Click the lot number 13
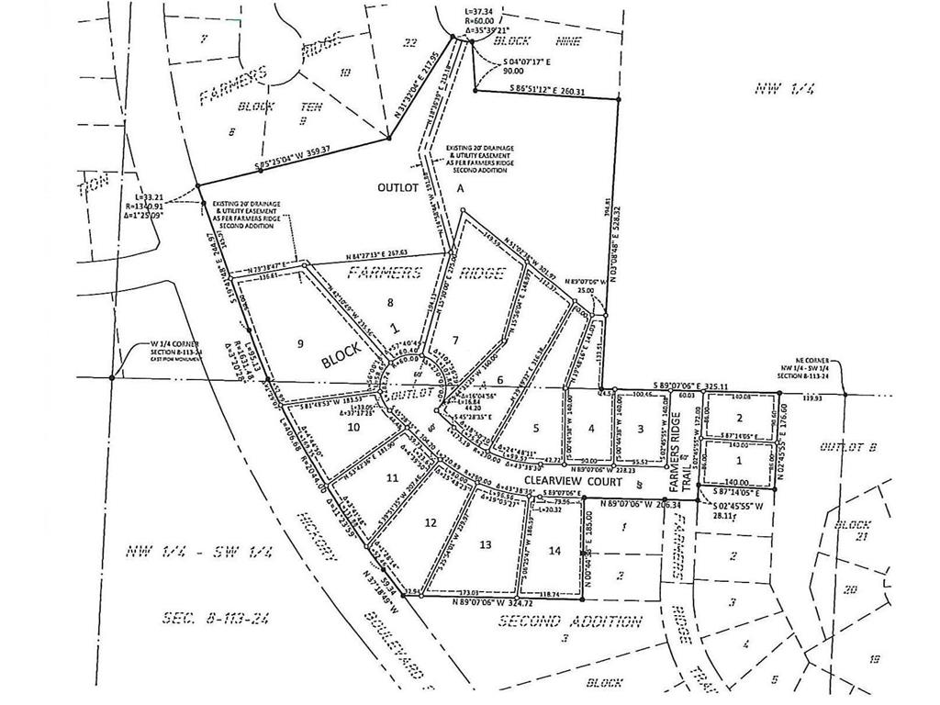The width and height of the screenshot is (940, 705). (x=487, y=543)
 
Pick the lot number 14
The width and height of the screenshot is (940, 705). (x=553, y=550)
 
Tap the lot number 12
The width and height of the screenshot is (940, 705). (x=431, y=522)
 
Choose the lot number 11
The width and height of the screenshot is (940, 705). (x=392, y=478)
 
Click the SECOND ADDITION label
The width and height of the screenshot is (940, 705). (x=569, y=621)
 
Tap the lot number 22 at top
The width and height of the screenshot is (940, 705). (x=410, y=42)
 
